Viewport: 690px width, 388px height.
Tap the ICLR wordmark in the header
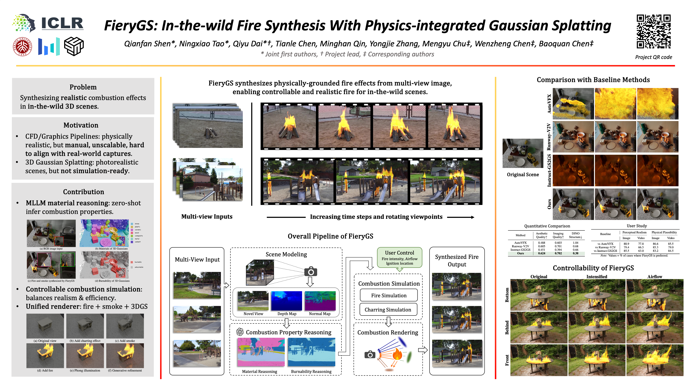(62, 24)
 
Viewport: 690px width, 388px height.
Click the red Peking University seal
(22, 47)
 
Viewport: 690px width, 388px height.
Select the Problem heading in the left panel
(83, 87)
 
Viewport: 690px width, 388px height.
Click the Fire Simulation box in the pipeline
(389, 295)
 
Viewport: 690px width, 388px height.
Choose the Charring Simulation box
(388, 310)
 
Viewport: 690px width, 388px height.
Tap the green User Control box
(399, 258)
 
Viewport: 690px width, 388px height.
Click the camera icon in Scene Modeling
(311, 272)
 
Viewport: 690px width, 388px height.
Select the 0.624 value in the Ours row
(541, 253)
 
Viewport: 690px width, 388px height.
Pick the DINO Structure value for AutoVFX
(575, 243)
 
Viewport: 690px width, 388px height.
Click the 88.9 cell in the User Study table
(626, 244)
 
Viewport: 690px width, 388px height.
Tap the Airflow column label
(655, 277)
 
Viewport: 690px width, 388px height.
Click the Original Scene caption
(523, 175)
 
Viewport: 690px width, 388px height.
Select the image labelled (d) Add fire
(45, 356)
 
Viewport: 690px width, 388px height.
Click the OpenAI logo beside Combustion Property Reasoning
(240, 332)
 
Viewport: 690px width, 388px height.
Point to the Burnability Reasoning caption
(311, 371)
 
